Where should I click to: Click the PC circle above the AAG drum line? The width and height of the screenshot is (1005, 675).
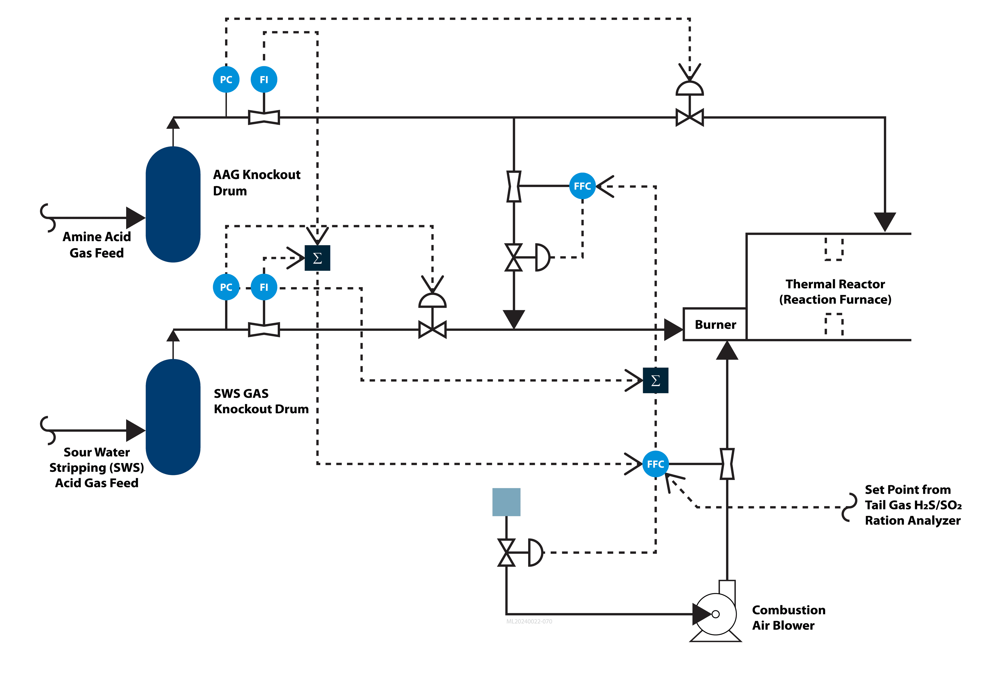[x=226, y=79]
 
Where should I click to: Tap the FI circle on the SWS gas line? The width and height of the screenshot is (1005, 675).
[x=264, y=287]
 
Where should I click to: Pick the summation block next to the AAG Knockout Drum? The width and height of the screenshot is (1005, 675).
[x=317, y=258]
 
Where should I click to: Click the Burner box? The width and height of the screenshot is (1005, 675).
[x=715, y=325]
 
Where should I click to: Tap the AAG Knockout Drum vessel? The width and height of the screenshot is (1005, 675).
[x=173, y=204]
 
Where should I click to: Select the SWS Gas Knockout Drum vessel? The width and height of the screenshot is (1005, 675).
[x=173, y=417]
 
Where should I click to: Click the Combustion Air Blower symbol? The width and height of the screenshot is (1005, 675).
[x=715, y=614]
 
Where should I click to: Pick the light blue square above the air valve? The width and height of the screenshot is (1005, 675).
[x=506, y=502]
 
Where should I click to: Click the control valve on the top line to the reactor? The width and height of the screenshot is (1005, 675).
[x=690, y=117]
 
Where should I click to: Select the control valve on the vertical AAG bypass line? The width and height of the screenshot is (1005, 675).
[x=514, y=258]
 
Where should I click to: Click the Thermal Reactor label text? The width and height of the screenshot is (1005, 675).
[x=835, y=292]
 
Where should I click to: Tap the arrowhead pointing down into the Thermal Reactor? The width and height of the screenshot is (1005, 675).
[x=885, y=221]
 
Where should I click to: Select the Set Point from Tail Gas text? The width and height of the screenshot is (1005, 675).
[x=912, y=505]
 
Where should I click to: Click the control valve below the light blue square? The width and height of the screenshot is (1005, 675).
[x=507, y=552]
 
